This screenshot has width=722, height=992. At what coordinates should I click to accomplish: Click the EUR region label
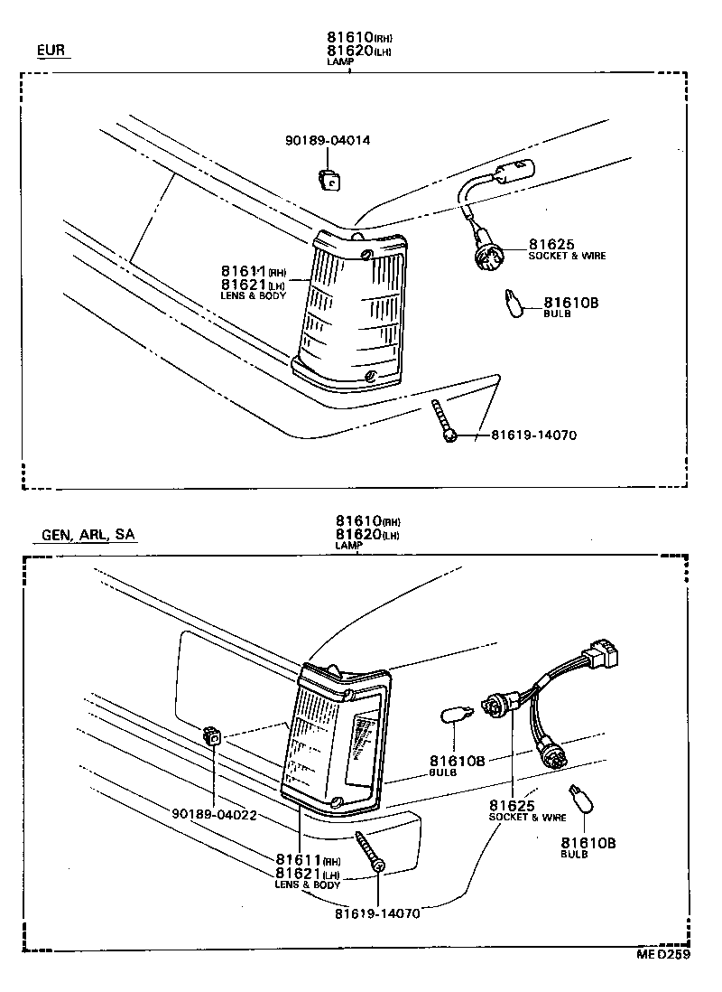point(51,51)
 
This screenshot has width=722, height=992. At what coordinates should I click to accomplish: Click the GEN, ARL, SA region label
point(88,535)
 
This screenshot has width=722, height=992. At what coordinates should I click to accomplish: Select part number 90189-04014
point(328,141)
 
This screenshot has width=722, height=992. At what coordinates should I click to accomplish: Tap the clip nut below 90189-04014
point(331,180)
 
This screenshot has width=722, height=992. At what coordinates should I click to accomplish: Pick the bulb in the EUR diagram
point(512,304)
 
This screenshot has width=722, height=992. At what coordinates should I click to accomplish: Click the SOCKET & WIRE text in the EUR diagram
point(567,257)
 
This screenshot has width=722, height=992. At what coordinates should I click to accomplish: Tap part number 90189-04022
point(214,814)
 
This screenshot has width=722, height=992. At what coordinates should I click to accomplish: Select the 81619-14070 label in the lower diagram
point(377,912)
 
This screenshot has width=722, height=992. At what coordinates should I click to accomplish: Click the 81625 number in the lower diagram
point(513,805)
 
